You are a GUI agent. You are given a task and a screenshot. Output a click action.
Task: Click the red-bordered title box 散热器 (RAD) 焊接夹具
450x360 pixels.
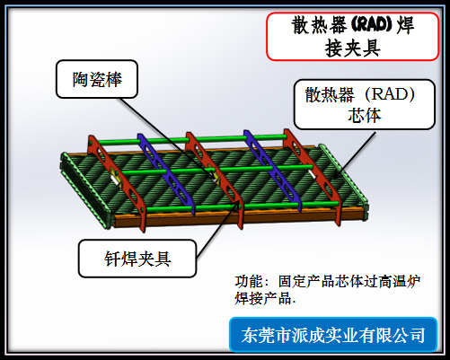[x=353, y=37]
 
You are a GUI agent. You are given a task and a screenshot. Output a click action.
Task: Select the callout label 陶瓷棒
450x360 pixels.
[x=97, y=79]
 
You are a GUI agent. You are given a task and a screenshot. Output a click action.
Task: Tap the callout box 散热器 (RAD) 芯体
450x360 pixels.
[x=365, y=104]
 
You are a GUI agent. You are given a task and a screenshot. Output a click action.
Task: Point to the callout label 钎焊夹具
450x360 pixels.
[x=137, y=259]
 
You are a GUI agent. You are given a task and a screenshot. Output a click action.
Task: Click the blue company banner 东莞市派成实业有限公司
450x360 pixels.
[x=333, y=335]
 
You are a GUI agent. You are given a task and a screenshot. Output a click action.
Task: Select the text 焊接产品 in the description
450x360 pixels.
[x=263, y=298]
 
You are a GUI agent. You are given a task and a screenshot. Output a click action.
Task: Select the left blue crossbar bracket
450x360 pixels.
[x=166, y=173]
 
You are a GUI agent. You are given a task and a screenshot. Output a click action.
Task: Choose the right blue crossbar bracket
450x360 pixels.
[x=272, y=171]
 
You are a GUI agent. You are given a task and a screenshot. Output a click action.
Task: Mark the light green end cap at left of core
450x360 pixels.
[x=86, y=191]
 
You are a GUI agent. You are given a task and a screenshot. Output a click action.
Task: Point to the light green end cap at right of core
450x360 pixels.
[x=344, y=179]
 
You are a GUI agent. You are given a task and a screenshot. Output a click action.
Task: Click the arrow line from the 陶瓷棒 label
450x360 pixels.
[x=168, y=140]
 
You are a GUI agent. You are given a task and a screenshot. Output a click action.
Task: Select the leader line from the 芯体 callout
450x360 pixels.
[x=354, y=155]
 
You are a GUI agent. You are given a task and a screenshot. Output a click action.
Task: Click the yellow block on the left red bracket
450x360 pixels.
[x=115, y=177]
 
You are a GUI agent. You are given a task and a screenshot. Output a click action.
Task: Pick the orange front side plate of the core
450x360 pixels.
[x=240, y=217]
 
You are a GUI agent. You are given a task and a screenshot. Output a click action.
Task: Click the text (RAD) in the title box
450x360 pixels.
[x=371, y=24]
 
